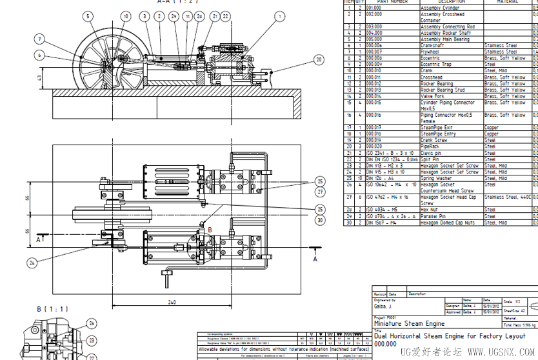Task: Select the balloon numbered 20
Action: [319, 60]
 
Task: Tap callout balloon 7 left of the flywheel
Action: [40, 39]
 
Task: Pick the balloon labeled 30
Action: [319, 220]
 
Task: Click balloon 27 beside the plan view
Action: [319, 192]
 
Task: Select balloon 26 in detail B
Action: [92, 323]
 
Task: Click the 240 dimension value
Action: [172, 302]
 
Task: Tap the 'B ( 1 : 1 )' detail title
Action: [52, 309]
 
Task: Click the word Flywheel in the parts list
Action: [432, 52]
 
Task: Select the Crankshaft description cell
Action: [433, 46]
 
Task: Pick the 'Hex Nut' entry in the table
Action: [431, 210]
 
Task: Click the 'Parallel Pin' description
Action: [434, 216]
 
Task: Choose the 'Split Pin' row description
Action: [431, 159]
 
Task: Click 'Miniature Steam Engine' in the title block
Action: [409, 323]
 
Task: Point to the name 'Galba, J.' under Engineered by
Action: [384, 306]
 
